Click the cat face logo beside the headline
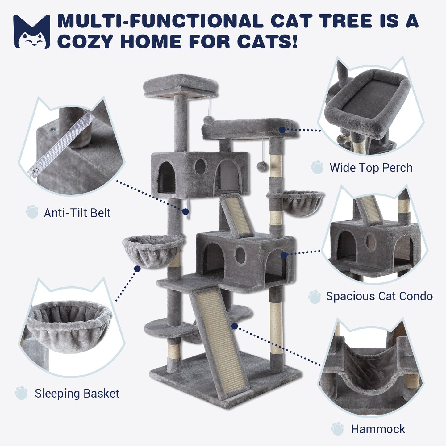(x=32, y=32)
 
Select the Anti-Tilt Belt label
(x=77, y=213)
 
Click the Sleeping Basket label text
(x=77, y=393)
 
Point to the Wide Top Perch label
(x=371, y=168)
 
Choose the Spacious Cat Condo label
(x=379, y=296)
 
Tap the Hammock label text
(x=378, y=429)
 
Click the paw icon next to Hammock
(x=337, y=429)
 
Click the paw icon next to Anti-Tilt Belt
(x=32, y=211)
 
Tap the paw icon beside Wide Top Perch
(x=317, y=167)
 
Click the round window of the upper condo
(x=200, y=167)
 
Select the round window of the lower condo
(x=240, y=255)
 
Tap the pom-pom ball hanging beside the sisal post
(x=262, y=166)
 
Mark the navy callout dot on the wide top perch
(x=282, y=130)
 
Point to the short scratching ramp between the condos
(x=236, y=215)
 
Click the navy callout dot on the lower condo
(x=284, y=255)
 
